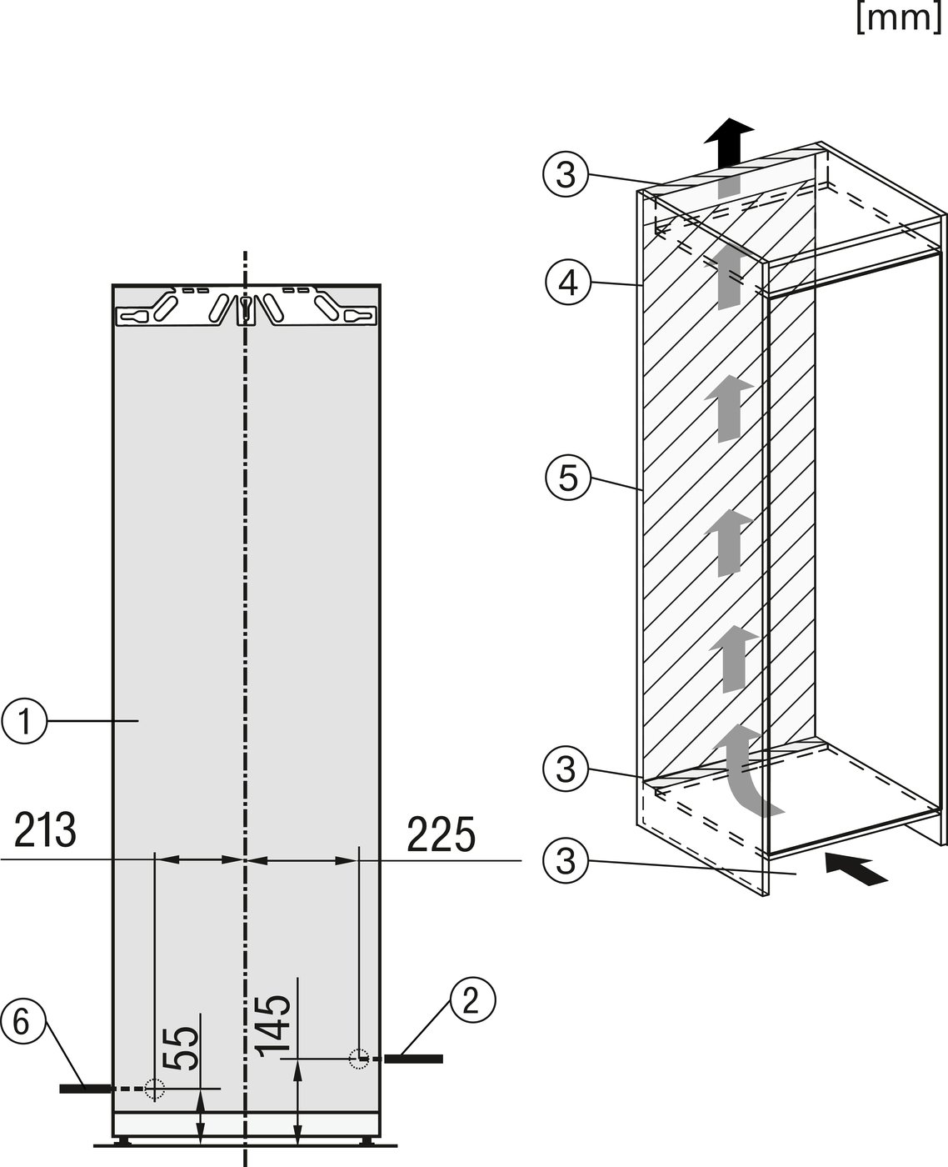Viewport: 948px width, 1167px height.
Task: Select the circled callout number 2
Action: click(473, 1001)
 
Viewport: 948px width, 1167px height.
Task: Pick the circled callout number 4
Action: click(568, 283)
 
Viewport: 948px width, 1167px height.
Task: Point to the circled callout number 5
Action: click(568, 478)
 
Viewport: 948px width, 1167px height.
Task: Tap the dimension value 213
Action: click(45, 831)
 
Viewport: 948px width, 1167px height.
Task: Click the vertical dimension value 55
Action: click(181, 1048)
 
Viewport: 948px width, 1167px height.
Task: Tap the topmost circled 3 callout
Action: click(566, 175)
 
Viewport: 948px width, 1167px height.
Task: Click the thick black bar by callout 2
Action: click(414, 1059)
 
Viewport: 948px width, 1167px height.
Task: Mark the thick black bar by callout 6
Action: click(85, 1089)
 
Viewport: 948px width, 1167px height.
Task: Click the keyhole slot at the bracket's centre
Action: click(245, 309)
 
